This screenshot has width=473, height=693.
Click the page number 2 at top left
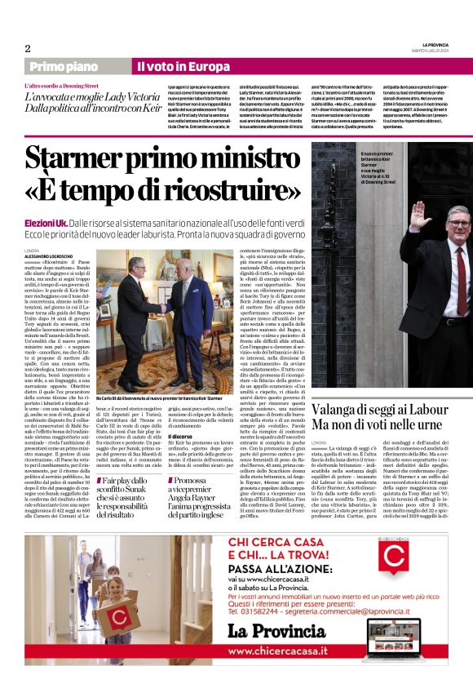pyautogui.click(x=28, y=48)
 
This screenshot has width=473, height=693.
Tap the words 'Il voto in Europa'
pyautogui.click(x=171, y=66)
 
